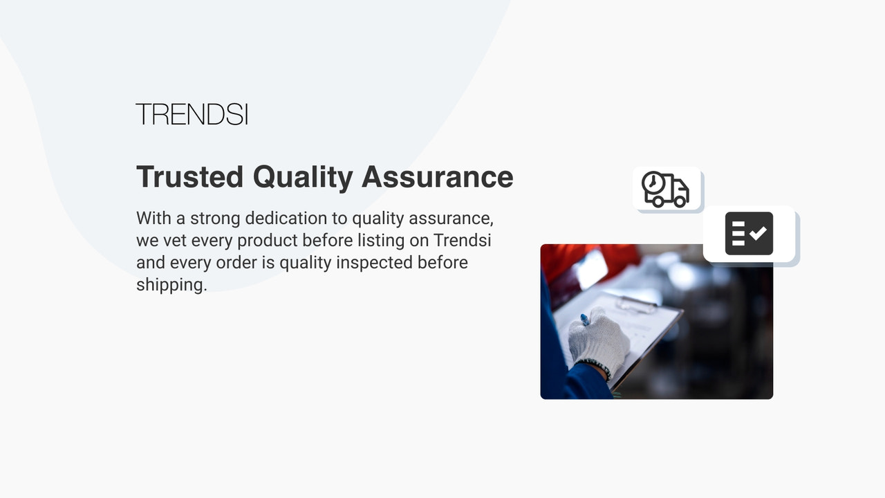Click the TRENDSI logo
click(x=192, y=114)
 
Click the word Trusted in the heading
click(x=189, y=177)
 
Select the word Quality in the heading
click(x=302, y=177)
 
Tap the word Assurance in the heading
click(x=437, y=177)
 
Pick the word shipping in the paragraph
click(x=169, y=285)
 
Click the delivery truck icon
click(x=666, y=189)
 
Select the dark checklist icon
click(x=749, y=234)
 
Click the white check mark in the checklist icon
click(x=758, y=233)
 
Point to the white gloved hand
click(x=598, y=341)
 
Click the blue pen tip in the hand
click(x=585, y=320)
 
